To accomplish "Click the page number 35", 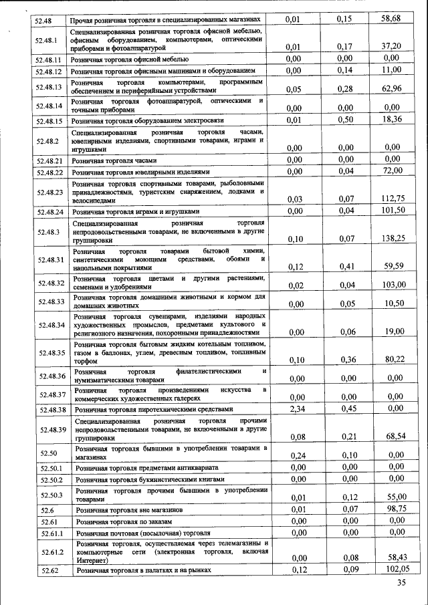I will [x=401, y=583].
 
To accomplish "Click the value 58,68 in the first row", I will [x=391, y=19].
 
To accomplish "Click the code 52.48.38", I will [x=51, y=409].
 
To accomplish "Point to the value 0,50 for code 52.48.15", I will [x=345, y=119].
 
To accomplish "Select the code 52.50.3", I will [x=51, y=494].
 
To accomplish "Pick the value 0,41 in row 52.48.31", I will [x=345, y=266].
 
